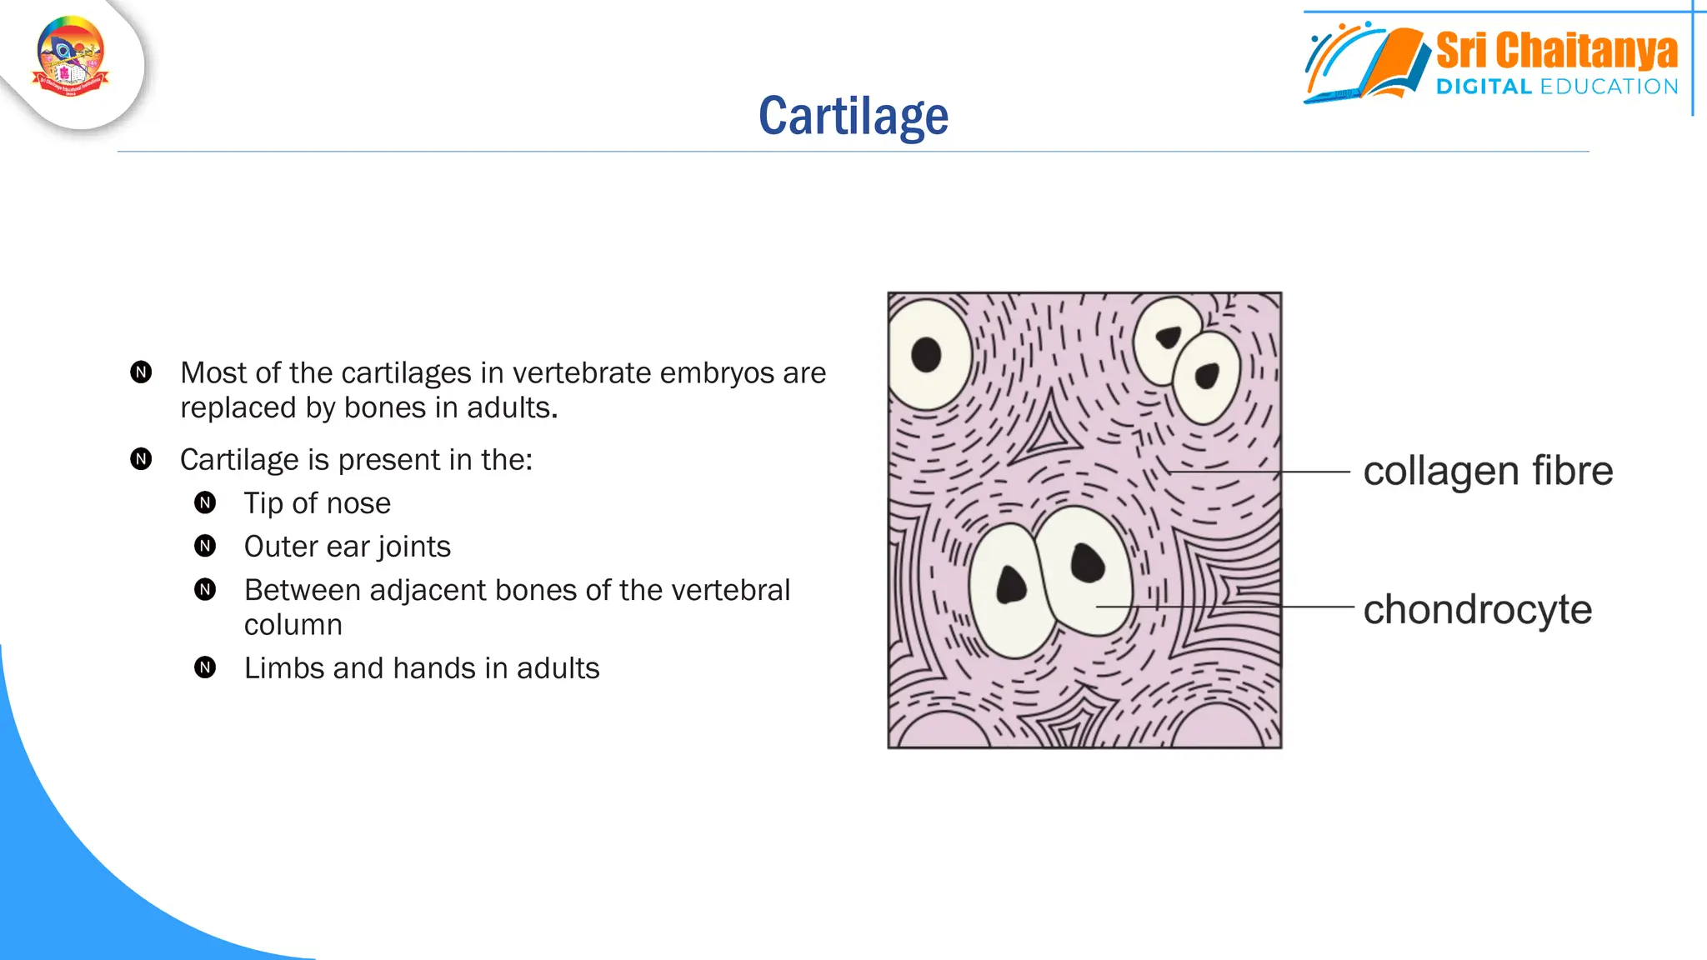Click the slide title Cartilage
pyautogui.click(x=853, y=116)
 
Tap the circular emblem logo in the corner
pyautogui.click(x=71, y=57)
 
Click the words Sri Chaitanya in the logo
pyautogui.click(x=1556, y=51)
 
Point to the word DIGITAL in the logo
pyautogui.click(x=1484, y=87)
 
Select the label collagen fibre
pyautogui.click(x=1488, y=471)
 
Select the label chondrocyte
pyautogui.click(x=1477, y=609)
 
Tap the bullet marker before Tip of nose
pyautogui.click(x=205, y=502)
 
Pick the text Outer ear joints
pyautogui.click(x=347, y=547)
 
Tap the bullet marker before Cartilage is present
pyautogui.click(x=141, y=459)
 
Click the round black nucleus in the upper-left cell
pyautogui.click(x=926, y=355)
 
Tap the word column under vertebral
pyautogui.click(x=293, y=625)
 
